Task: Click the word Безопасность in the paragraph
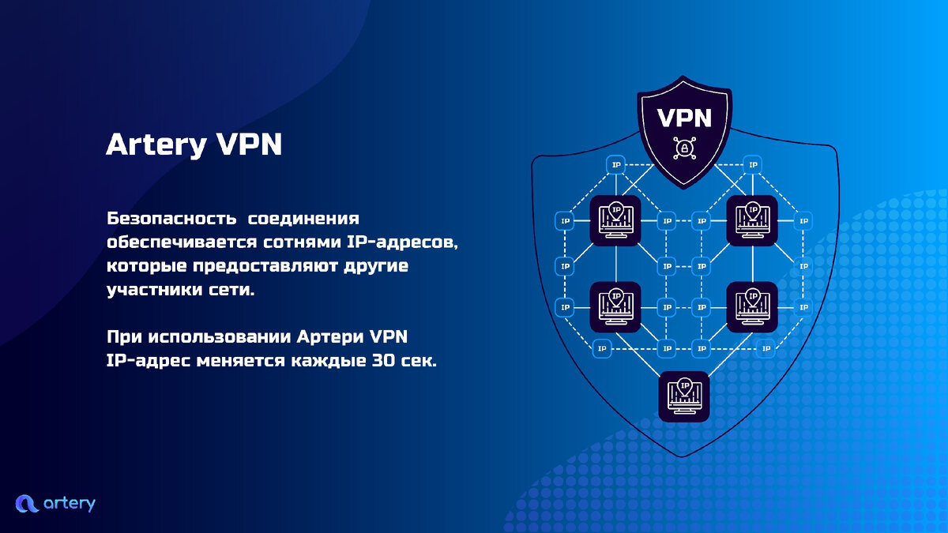pos(171,219)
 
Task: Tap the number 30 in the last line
pos(383,361)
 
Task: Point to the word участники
pos(155,291)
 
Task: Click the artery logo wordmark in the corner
pos(70,504)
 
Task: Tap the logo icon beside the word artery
pos(27,504)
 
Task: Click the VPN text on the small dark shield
pos(684,118)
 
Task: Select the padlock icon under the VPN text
pos(684,148)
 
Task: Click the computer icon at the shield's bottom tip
pos(684,396)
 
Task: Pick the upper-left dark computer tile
pos(615,220)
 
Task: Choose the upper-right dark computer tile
pos(752,220)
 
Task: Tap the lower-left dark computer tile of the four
pos(615,307)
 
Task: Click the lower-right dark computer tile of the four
pos(752,307)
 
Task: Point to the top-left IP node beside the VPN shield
pos(616,164)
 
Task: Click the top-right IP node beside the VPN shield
pos(753,164)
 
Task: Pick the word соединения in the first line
pos(303,219)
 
